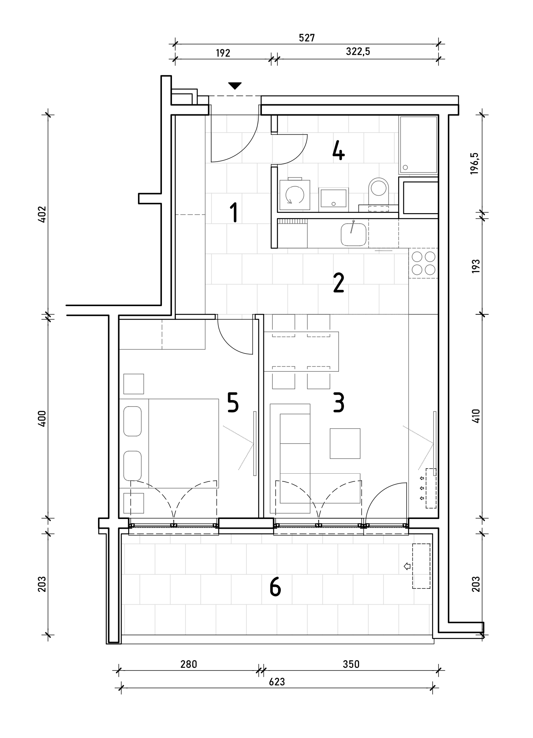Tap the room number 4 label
click(x=338, y=151)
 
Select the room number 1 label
click(x=233, y=213)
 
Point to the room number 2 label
click(x=338, y=283)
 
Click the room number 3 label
click(x=338, y=403)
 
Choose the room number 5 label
click(x=232, y=403)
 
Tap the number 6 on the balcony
click(x=275, y=587)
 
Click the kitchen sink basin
click(x=353, y=235)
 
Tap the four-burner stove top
click(x=424, y=263)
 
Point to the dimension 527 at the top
click(x=307, y=38)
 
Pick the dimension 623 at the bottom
click(x=277, y=682)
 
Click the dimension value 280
click(x=189, y=664)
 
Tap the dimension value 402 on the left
click(x=42, y=214)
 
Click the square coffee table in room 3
click(x=345, y=443)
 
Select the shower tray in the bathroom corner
click(x=418, y=145)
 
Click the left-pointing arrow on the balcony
click(x=407, y=566)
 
